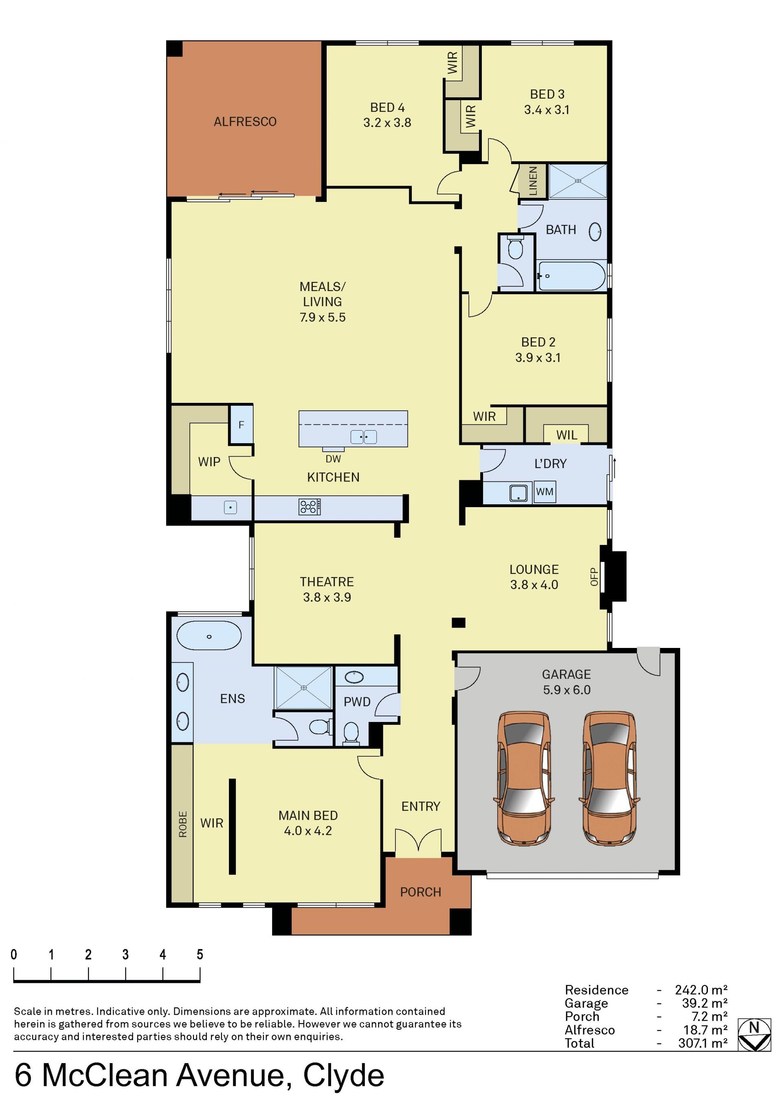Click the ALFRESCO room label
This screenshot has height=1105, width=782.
tap(245, 122)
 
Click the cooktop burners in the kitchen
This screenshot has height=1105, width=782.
tap(310, 507)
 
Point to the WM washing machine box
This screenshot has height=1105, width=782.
tap(545, 492)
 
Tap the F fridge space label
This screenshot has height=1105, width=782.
tap(241, 424)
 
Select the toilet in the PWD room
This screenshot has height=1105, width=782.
tap(351, 733)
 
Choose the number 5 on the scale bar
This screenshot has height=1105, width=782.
tap(200, 954)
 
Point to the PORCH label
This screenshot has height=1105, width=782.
tap(420, 892)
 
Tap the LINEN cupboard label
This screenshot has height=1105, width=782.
tap(533, 181)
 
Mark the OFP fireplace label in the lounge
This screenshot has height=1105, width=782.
tap(594, 577)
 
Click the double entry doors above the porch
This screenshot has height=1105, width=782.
tap(418, 841)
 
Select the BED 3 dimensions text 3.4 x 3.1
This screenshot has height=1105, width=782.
tap(547, 110)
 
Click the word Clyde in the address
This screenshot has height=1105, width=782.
tap(343, 1076)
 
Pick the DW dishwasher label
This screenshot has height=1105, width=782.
tap(333, 459)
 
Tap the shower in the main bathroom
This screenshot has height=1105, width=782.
tap(578, 181)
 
